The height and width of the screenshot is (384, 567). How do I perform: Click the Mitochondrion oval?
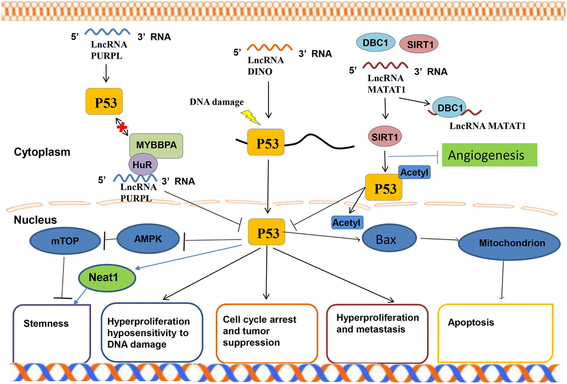point(500,243)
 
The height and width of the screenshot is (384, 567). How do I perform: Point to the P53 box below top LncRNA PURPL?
point(105,101)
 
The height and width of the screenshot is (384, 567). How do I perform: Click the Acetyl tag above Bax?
point(347,223)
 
